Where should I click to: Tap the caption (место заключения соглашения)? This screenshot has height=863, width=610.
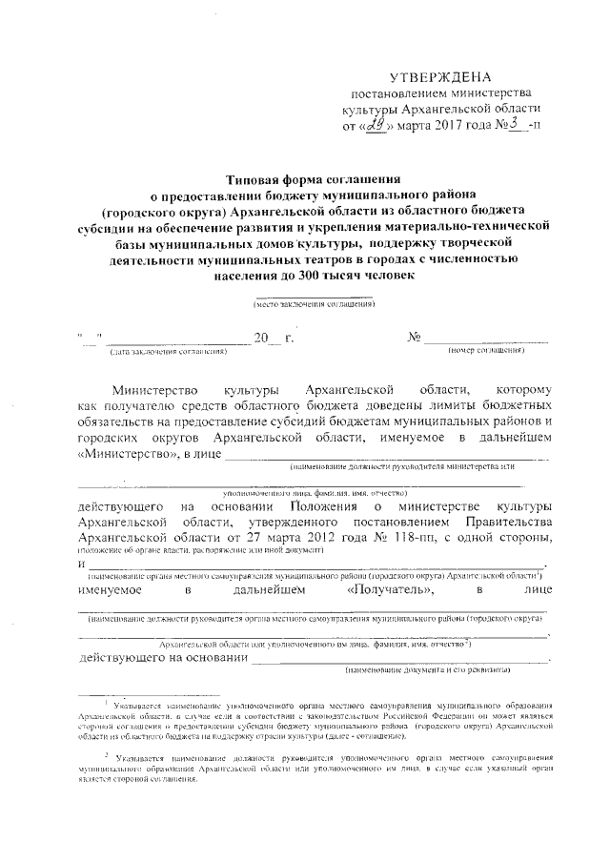coord(314,303)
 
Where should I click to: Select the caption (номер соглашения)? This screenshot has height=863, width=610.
coord(486,352)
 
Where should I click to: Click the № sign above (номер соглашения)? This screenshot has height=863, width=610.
coord(415,338)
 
